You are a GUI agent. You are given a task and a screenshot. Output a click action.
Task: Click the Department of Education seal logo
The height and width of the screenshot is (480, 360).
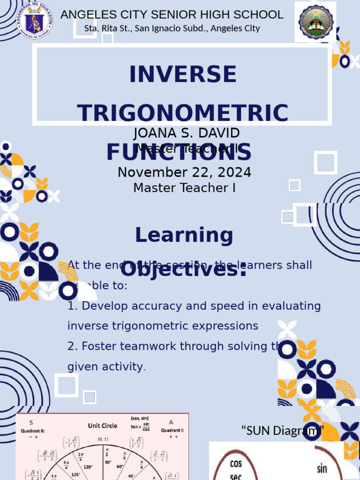coord(33,20)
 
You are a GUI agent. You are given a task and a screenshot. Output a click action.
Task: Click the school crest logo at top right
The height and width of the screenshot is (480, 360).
coord(315,22)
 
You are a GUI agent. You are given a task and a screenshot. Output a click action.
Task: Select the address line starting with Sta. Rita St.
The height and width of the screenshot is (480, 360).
coord(172,29)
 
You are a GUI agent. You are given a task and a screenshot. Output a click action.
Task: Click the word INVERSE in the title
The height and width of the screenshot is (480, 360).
coord(183,75)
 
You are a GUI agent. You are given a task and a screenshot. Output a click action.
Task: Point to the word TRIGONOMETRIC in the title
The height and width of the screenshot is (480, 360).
coord(183,113)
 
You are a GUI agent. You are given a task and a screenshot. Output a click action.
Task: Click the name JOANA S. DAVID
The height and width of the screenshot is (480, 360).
coord(187,133)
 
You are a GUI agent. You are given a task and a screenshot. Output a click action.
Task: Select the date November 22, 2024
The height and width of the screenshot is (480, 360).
coord(184,172)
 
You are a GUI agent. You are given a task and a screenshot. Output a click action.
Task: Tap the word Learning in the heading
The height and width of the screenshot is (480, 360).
coord(184,235)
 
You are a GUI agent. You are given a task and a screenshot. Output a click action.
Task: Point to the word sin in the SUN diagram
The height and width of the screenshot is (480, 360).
coord(322,468)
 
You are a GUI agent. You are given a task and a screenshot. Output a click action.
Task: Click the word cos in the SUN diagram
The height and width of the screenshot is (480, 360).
coord(236,464)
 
